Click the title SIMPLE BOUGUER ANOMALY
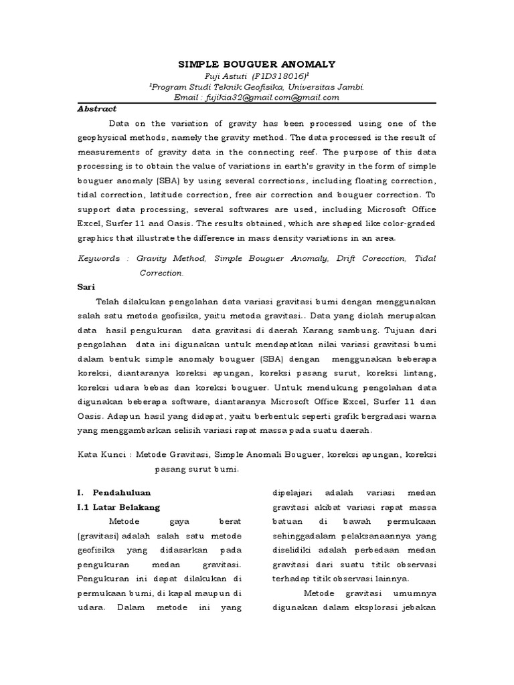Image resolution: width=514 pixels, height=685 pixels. click(256, 64)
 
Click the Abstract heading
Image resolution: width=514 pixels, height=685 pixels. click(97, 108)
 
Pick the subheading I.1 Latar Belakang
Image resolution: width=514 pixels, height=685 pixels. click(119, 506)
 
